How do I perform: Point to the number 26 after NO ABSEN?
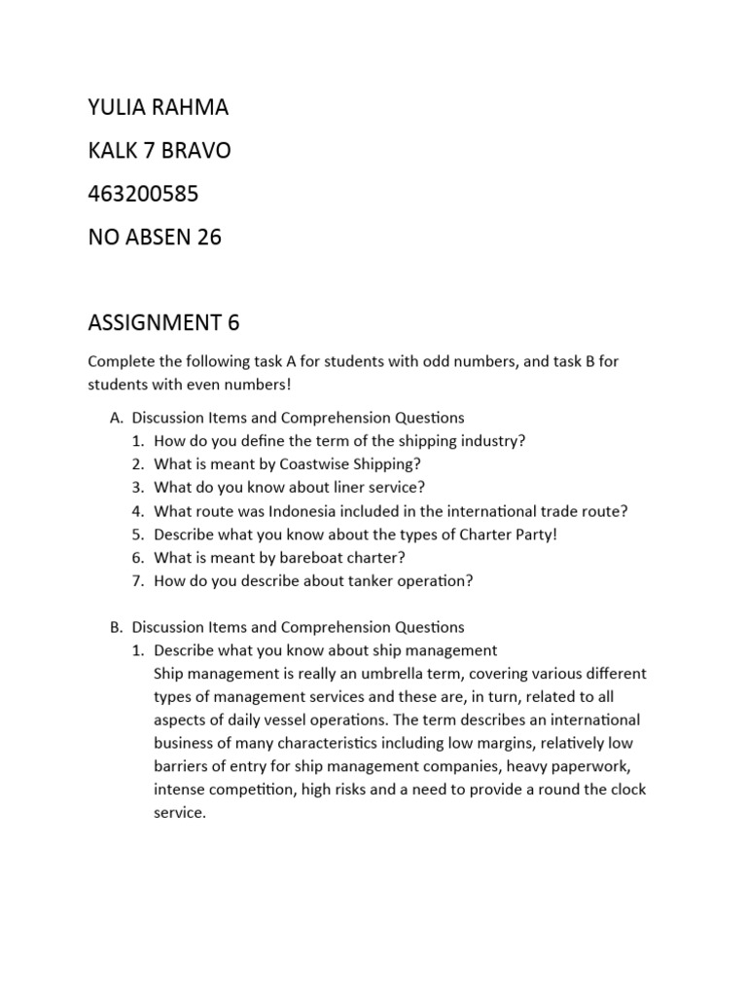tap(208, 237)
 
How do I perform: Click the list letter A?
tap(116, 418)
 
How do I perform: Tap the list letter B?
tap(116, 627)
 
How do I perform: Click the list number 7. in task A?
tap(138, 580)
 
